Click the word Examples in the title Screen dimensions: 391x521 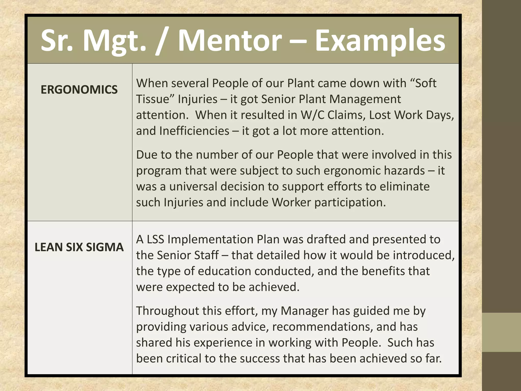tap(380, 41)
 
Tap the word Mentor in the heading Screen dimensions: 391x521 tap(230, 41)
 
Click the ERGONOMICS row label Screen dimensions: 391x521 tap(79, 90)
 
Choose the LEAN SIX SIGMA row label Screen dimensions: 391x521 tap(79, 247)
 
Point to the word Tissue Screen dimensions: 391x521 tap(152, 99)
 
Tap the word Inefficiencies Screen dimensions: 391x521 tap(194, 131)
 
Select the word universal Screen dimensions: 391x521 tap(193, 186)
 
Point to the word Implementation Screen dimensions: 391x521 tap(210, 239)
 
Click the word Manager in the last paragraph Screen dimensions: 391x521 tap(305, 311)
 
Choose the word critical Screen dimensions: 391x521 tap(184, 358)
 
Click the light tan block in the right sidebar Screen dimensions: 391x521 tap(501, 332)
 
